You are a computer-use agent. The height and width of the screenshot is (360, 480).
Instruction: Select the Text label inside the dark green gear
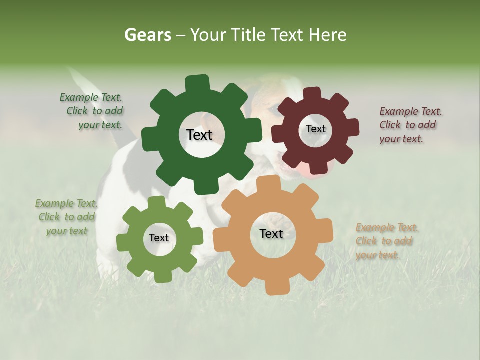(x=199, y=135)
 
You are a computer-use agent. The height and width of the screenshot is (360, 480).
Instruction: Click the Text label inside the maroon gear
(x=315, y=129)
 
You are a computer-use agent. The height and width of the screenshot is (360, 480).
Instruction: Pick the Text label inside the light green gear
(x=159, y=238)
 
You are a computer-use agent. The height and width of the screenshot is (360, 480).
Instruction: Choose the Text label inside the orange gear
(x=271, y=233)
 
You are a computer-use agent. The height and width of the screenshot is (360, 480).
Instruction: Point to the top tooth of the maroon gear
(x=312, y=93)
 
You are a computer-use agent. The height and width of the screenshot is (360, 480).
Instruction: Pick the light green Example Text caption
(x=66, y=217)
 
